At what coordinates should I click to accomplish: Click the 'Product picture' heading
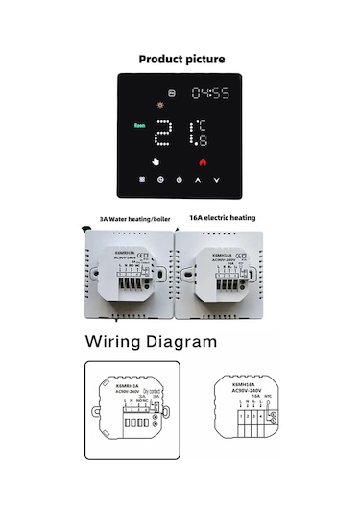click(181, 60)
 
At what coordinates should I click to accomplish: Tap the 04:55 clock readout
click(210, 94)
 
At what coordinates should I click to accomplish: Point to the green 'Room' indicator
click(141, 125)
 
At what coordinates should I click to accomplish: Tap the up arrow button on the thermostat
click(199, 180)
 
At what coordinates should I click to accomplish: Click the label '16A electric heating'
click(223, 218)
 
